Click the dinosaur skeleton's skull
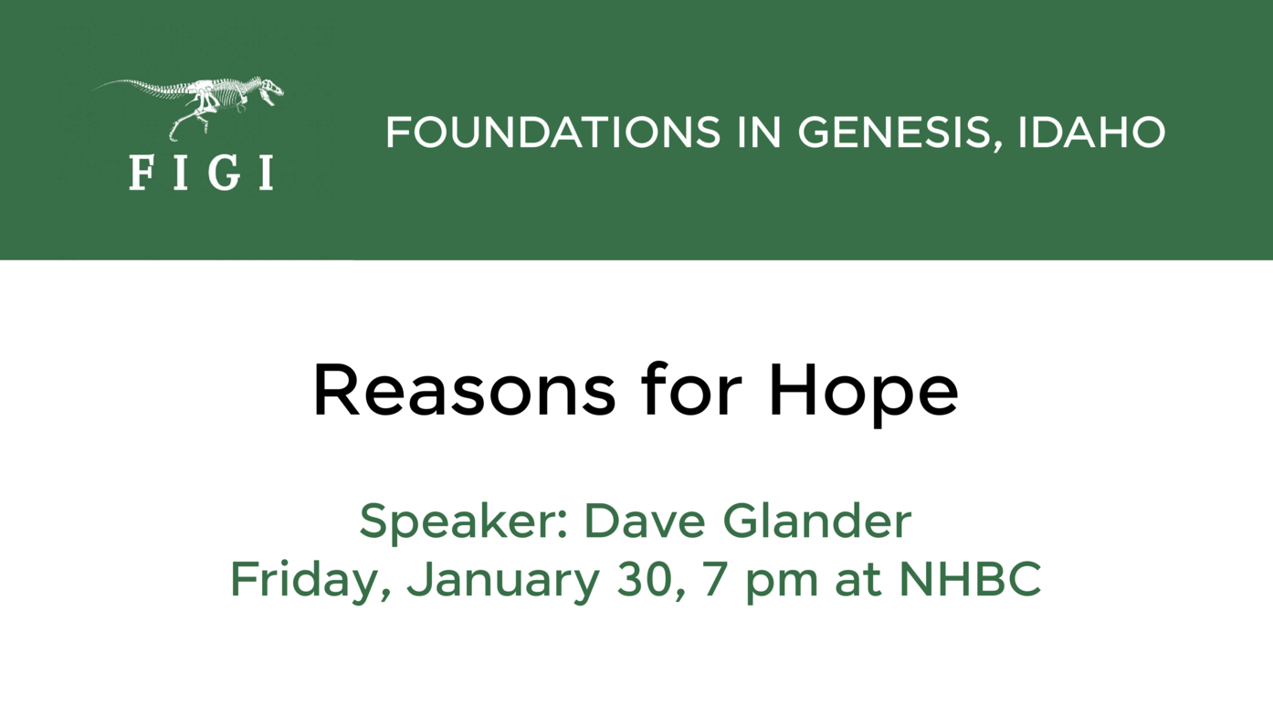[x=271, y=88]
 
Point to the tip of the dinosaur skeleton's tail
[x=92, y=89]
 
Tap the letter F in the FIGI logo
[x=141, y=173]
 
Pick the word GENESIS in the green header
[x=895, y=132]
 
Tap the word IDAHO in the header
[x=1091, y=132]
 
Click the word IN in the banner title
[x=759, y=132]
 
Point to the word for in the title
[x=692, y=390]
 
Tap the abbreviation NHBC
[x=970, y=579]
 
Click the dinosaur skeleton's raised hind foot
[x=173, y=135]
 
